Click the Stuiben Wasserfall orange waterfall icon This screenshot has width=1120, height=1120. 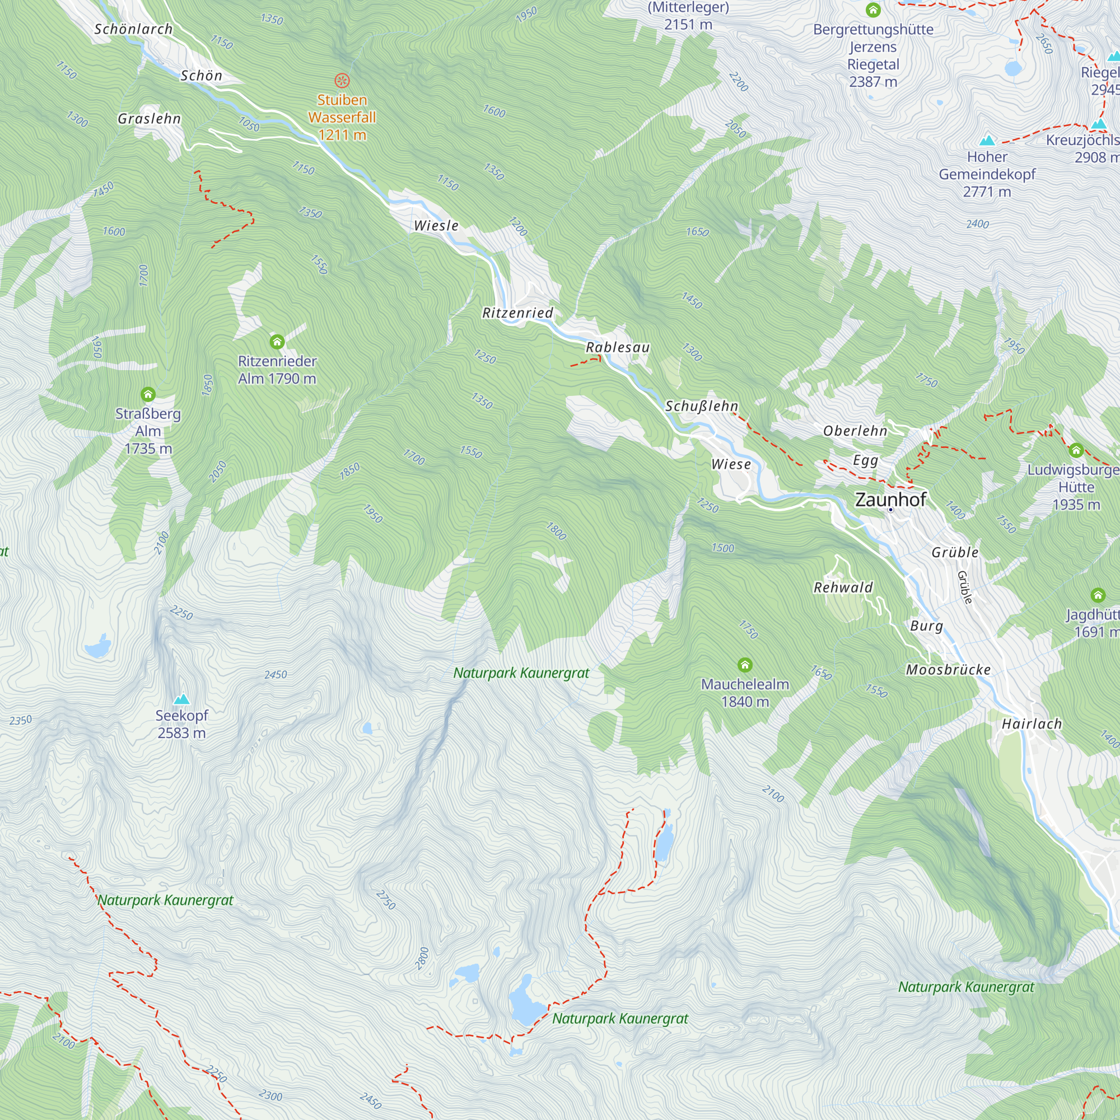coord(342,80)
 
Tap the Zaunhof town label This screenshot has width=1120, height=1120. coord(890,499)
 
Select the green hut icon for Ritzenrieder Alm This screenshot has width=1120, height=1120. coord(277,342)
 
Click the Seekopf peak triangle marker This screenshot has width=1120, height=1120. coord(182,699)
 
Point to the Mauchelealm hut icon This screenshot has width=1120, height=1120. coord(745,665)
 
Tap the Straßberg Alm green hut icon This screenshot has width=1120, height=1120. coord(148,395)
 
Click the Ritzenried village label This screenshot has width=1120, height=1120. coord(517,313)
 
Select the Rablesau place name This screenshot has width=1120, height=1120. coord(617,347)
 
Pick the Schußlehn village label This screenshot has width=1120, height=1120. coord(702,406)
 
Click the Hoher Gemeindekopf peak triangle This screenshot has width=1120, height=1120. coord(987,141)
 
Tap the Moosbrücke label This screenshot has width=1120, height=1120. coord(949,670)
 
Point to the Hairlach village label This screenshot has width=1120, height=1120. coord(1032,724)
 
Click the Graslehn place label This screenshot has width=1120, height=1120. coord(150,119)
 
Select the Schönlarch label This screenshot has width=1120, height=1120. coord(133,29)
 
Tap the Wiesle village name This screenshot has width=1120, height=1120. coord(436,226)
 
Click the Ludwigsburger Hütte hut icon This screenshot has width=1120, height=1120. coord(1076,450)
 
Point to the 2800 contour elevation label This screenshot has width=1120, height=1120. coord(423,958)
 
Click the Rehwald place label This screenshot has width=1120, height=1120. coord(843,587)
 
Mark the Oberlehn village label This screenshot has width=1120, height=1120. coord(855,431)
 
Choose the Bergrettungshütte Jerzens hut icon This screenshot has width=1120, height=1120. coord(873,10)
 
